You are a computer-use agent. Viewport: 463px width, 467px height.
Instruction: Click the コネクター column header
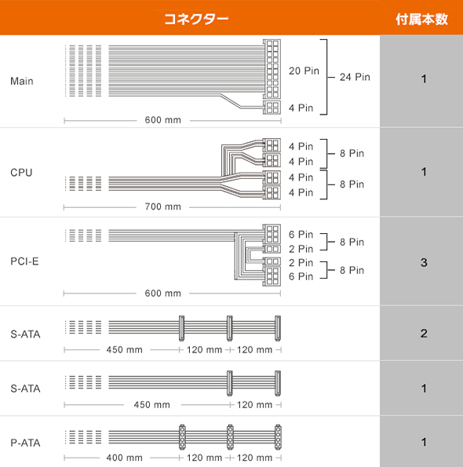pyautogui.click(x=196, y=19)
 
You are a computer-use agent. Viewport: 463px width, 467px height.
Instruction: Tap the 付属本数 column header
pyautogui.click(x=421, y=20)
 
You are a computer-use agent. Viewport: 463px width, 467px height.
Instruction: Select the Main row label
pyautogui.click(x=22, y=81)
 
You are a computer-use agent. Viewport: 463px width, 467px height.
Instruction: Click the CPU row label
pyautogui.click(x=21, y=173)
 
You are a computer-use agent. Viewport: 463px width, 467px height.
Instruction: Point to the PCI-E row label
pyautogui.click(x=24, y=261)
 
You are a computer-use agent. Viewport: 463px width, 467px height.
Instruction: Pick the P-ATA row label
pyautogui.click(x=25, y=443)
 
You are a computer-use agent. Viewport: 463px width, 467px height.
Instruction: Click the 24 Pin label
pyautogui.click(x=355, y=77)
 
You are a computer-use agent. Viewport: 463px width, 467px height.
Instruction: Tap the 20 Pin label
pyautogui.click(x=304, y=71)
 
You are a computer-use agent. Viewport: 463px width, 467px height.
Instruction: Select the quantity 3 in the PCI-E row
pyautogui.click(x=424, y=262)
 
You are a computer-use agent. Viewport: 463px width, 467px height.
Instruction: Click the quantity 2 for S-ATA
pyautogui.click(x=424, y=334)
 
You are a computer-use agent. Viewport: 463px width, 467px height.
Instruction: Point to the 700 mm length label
pyautogui.click(x=163, y=206)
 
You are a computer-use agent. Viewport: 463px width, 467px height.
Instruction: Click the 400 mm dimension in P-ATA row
pyautogui.click(x=125, y=458)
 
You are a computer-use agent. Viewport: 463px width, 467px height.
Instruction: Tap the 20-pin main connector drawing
pyautogui.click(x=272, y=69)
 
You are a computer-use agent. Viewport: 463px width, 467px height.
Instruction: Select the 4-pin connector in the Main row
pyautogui.click(x=272, y=108)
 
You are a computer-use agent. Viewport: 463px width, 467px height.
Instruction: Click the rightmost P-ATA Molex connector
pyautogui.click(x=278, y=437)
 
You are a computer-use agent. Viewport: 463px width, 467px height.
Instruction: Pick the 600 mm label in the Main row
pyautogui.click(x=163, y=120)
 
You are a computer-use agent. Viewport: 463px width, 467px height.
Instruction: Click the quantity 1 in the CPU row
pyautogui.click(x=424, y=172)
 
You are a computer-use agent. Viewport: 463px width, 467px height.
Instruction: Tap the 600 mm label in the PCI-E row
pyautogui.click(x=163, y=293)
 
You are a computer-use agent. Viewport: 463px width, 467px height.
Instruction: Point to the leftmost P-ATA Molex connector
pyautogui.click(x=182, y=437)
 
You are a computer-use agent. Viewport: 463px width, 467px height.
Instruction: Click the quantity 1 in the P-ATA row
pyautogui.click(x=424, y=442)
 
